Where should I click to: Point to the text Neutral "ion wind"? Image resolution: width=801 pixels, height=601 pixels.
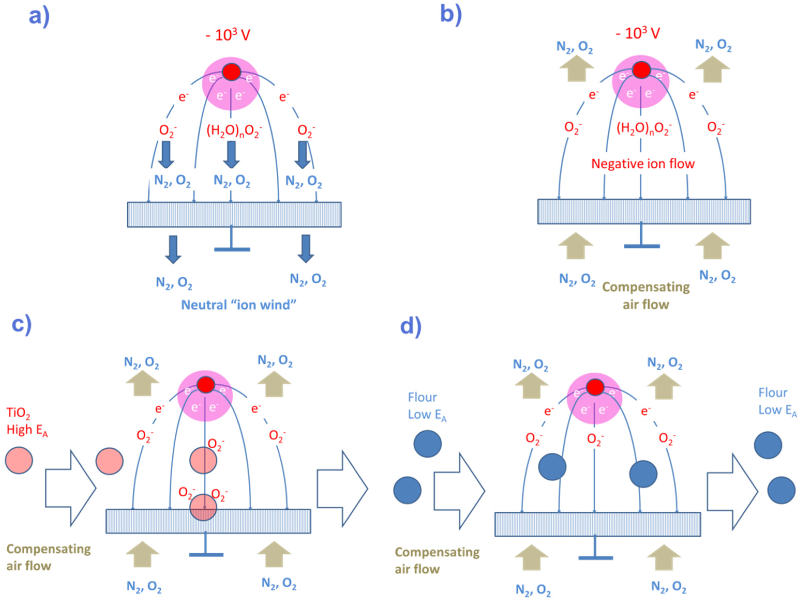239,305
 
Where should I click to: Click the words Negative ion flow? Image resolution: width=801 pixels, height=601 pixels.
643,164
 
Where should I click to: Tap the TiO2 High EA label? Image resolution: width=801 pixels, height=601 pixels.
27,421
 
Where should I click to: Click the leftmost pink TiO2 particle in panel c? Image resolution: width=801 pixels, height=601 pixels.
19,460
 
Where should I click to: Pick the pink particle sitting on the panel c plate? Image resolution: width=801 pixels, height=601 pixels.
203,507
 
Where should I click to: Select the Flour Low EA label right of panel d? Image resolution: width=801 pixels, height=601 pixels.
777,402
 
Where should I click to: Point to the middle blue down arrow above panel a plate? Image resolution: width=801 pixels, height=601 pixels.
231,154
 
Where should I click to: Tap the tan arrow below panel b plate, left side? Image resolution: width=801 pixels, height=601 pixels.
575,246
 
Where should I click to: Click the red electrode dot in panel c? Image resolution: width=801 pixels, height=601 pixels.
206,384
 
